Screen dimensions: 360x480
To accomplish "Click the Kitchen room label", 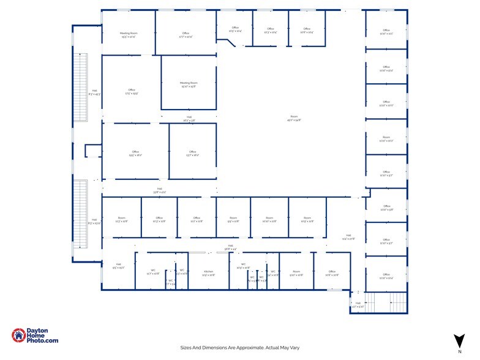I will (x=208, y=273).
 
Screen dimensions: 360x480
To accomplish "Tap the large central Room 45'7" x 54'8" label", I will (x=294, y=119).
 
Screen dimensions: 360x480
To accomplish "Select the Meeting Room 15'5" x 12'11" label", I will (x=129, y=35).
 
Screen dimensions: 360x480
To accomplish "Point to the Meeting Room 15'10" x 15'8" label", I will (x=189, y=84).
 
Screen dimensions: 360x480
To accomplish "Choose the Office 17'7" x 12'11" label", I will (x=186, y=35).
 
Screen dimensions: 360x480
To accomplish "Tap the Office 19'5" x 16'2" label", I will (x=135, y=154).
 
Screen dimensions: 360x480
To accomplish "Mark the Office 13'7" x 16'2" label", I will (x=193, y=154).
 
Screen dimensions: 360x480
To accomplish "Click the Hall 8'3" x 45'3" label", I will (x=94, y=92).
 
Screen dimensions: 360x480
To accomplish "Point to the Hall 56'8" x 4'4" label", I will (x=231, y=247).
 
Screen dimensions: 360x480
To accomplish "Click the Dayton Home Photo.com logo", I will (x=36, y=336).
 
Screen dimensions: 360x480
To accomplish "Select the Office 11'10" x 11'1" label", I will (x=386, y=31).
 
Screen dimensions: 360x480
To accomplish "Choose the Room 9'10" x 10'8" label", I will (x=296, y=273).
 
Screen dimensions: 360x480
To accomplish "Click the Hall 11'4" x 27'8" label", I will (x=348, y=237).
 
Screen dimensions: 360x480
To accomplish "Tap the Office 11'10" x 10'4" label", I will (x=386, y=276).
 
